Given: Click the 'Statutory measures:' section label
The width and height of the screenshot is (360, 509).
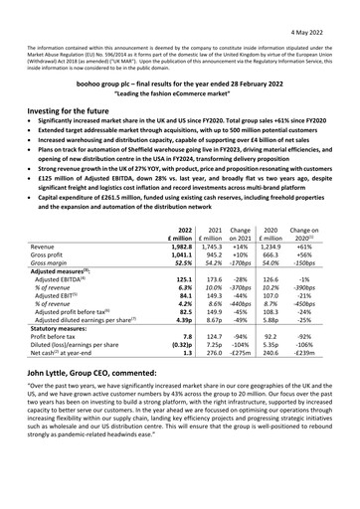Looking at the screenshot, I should pos(76,349).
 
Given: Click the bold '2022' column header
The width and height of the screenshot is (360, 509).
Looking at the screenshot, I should pos(183,229).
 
